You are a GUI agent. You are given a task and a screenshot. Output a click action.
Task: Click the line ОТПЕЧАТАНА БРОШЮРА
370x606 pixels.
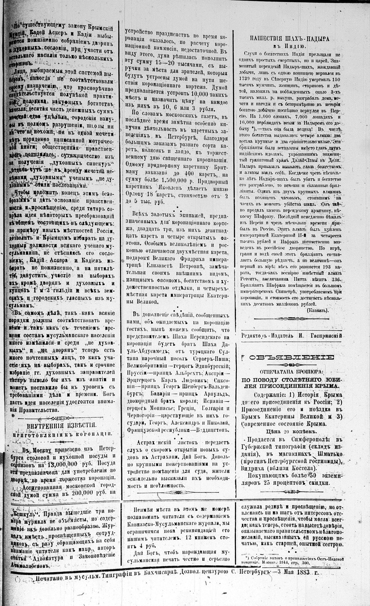tap(289, 373)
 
